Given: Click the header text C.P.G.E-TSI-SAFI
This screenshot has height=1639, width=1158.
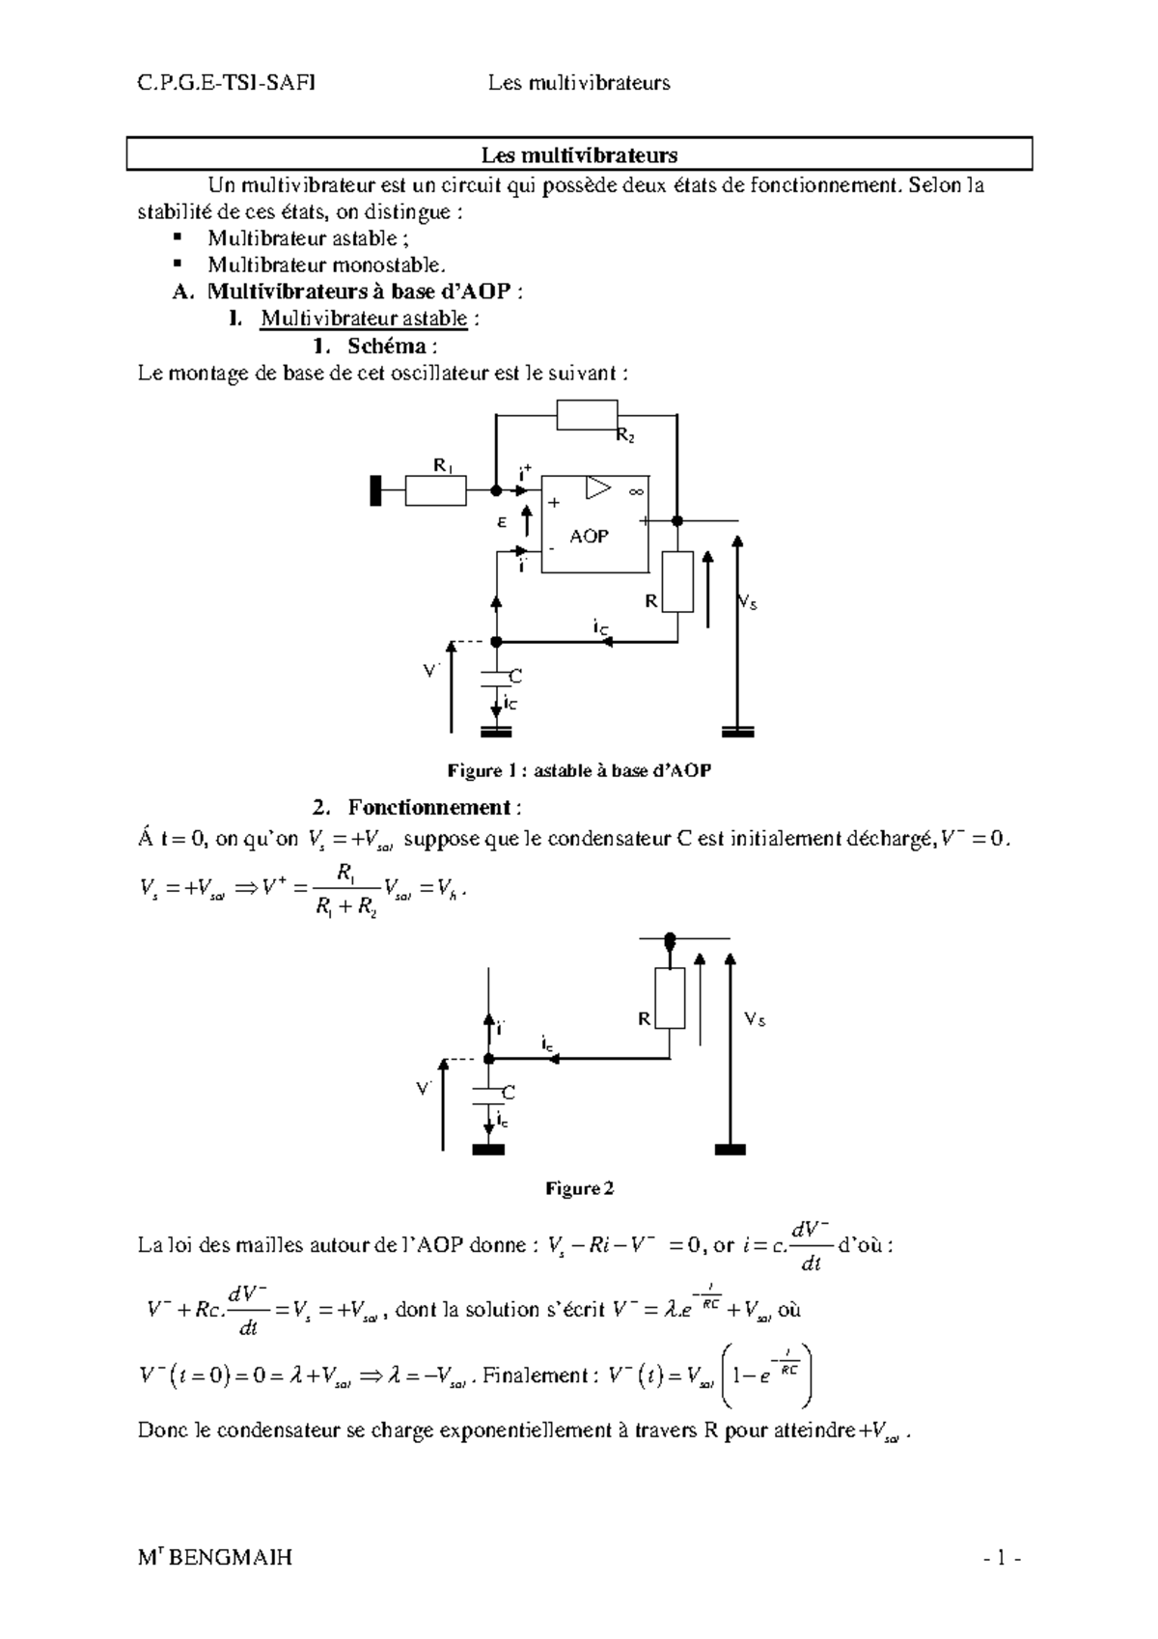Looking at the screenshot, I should pos(226,83).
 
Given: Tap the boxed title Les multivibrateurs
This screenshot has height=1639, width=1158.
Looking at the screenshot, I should pos(579,154).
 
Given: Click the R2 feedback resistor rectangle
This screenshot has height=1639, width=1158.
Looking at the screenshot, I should pos(587,415).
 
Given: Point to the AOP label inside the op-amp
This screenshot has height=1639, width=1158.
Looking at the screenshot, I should pos(589,536).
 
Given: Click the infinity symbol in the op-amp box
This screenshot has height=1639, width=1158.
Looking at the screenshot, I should pos(636,492).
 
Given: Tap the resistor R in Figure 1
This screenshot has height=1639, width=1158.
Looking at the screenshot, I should pos(677,582).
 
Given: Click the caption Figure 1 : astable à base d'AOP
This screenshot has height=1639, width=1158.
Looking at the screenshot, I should pos(579,770).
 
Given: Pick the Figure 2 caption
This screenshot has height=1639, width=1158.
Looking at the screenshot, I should pos(579,1188).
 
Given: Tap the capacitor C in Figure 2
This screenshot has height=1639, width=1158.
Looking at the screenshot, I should pos(489,1092).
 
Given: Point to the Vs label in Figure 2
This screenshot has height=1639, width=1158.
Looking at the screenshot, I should pos(754,1019).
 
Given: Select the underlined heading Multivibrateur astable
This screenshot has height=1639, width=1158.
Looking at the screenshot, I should pos(364,319).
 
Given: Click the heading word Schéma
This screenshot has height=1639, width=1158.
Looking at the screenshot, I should pos(390,346).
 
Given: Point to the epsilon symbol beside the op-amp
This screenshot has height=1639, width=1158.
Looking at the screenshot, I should pos(502,521).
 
